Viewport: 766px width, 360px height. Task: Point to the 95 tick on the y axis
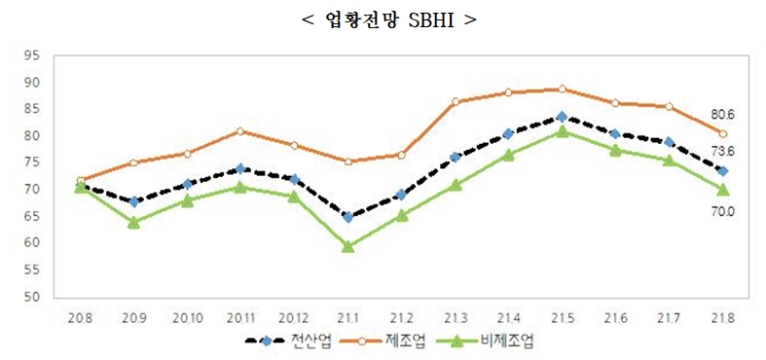pos(31,55)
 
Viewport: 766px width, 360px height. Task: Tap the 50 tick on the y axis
pos(31,297)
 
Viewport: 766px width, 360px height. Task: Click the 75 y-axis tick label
pos(31,162)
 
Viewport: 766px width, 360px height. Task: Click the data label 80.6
pos(722,115)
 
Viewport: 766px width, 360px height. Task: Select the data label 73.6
pos(722,152)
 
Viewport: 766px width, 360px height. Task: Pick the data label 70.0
pos(722,210)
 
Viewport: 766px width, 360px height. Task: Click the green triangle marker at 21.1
pos(347,247)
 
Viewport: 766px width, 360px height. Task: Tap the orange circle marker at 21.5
pos(562,89)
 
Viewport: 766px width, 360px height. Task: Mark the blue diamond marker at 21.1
pos(347,217)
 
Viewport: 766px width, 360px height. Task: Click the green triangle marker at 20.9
pos(133,223)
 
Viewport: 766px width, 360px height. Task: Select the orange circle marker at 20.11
pos(240,130)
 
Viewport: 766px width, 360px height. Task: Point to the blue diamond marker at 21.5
pos(562,117)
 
